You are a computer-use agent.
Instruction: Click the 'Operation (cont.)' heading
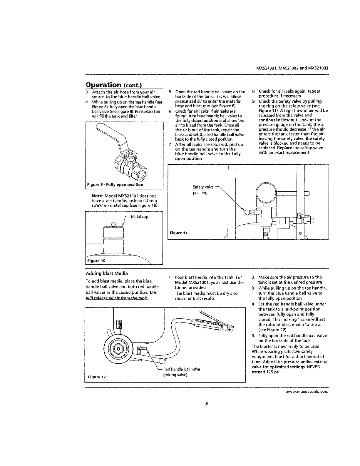click(x=114, y=85)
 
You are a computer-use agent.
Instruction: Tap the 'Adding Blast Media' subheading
click(x=107, y=273)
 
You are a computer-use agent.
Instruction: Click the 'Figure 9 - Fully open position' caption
click(x=115, y=185)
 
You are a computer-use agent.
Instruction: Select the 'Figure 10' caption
click(x=96, y=261)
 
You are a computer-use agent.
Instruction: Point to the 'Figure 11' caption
click(x=178, y=233)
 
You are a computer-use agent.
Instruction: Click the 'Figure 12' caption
click(x=97, y=377)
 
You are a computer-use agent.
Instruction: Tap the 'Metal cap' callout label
click(x=140, y=217)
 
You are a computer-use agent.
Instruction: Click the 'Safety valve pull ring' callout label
click(x=203, y=190)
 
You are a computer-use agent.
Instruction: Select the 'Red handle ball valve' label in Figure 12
click(x=182, y=369)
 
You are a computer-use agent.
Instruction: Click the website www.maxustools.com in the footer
click(x=307, y=392)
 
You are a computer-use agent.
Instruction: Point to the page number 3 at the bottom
click(x=206, y=404)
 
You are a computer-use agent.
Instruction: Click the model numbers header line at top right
click(x=292, y=69)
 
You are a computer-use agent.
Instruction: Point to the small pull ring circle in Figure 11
click(x=247, y=212)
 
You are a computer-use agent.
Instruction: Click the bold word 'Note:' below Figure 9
click(x=98, y=196)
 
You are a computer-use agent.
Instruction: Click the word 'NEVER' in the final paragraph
click(x=313, y=367)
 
